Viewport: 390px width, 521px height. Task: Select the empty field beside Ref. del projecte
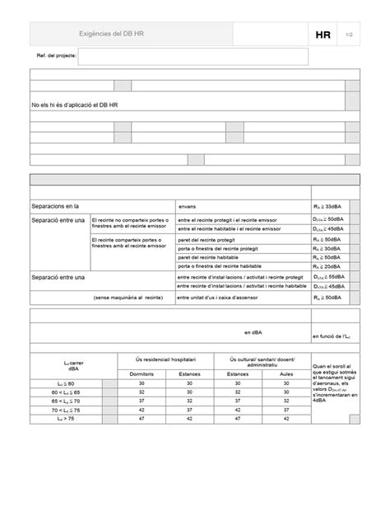click(193, 56)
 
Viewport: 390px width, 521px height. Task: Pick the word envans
click(188, 206)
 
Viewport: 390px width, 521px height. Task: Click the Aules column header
click(286, 374)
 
